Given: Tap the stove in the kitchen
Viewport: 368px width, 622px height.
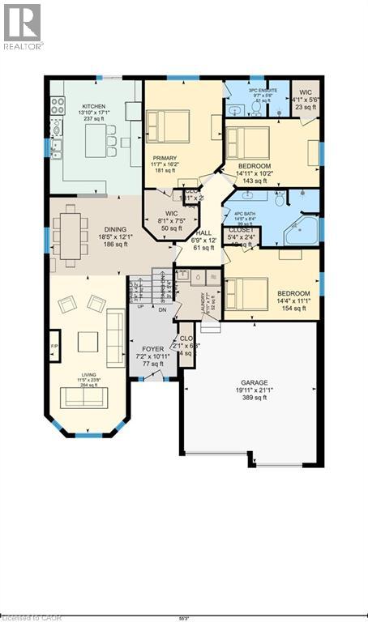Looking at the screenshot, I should (x=58, y=104).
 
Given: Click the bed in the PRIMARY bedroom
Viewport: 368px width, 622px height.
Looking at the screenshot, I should (x=168, y=126).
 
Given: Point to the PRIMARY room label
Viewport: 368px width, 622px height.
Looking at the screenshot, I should (x=165, y=160).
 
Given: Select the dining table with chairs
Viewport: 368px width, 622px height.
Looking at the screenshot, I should (x=73, y=235).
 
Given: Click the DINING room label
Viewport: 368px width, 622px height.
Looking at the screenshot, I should (x=113, y=230).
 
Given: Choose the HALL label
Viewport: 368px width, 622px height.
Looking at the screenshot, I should (x=204, y=232).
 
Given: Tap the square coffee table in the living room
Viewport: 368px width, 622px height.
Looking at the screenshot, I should (x=88, y=341).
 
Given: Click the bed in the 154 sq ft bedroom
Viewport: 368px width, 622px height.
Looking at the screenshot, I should (x=247, y=293).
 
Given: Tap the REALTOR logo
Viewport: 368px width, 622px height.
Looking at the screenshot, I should (x=22, y=26).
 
